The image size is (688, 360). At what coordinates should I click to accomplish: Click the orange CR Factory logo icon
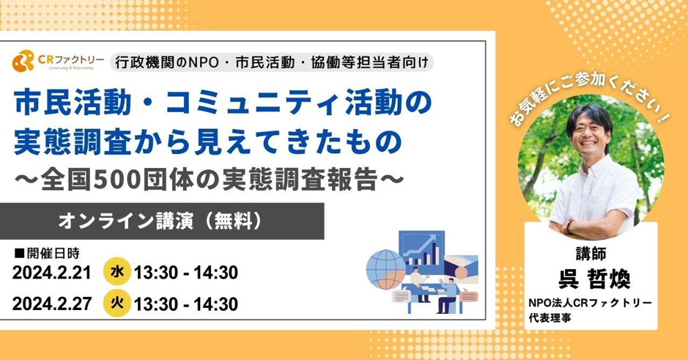point(23,61)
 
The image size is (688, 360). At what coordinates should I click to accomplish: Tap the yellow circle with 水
point(117,272)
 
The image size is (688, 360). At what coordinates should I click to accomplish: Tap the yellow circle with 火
point(117,303)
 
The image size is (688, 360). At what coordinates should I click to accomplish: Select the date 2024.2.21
point(52,273)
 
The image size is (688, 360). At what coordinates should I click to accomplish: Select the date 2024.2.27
point(52,304)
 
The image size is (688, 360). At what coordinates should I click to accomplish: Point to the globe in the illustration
point(386,269)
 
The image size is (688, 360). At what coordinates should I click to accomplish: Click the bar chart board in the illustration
point(421,249)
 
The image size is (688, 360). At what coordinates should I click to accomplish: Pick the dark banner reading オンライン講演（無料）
point(162,221)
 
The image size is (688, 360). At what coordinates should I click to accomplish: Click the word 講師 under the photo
point(591,254)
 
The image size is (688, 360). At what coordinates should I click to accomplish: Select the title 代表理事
point(550,317)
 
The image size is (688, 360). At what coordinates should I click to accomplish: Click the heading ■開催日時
point(47,253)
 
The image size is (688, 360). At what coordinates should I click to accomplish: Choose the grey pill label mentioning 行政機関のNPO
point(272,62)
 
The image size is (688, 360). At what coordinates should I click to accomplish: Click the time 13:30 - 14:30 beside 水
point(185,273)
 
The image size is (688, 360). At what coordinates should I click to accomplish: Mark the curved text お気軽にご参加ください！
point(591,98)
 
